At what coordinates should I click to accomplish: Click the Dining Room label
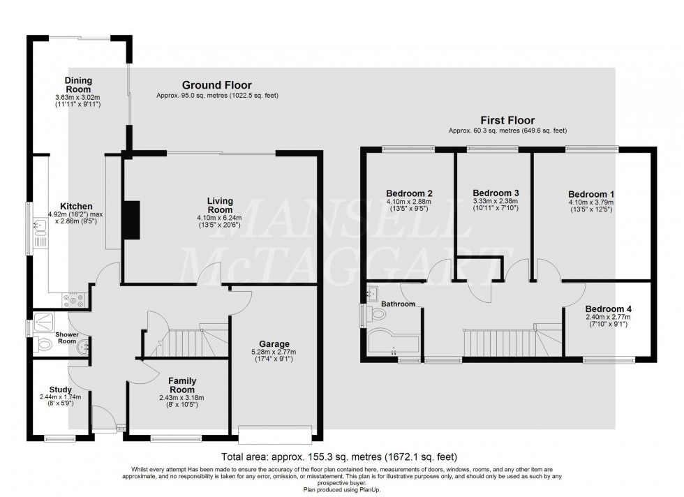coord(78,85)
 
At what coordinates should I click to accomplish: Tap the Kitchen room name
coord(77,207)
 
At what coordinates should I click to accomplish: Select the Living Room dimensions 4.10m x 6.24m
coord(220,217)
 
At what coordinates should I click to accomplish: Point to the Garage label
coord(274,343)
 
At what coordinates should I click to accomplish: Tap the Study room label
coord(61,390)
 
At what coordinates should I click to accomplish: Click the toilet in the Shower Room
coord(45,343)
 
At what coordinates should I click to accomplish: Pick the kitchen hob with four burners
coord(75,301)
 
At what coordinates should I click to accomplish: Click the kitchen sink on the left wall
coord(40,225)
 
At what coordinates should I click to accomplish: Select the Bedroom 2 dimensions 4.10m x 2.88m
coord(410,202)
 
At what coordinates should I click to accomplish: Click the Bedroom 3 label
coord(496,193)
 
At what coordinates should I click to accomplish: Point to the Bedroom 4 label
coord(608,309)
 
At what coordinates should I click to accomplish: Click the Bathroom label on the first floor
coord(398,304)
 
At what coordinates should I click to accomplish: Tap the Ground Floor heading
coord(217,85)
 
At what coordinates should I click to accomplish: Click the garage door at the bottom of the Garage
coord(274,434)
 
